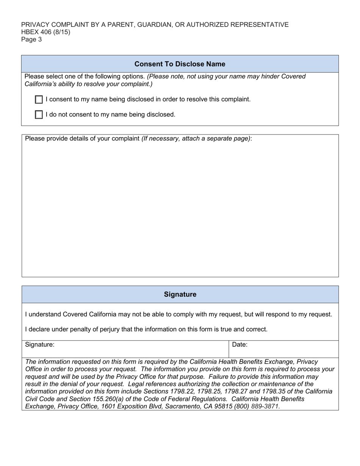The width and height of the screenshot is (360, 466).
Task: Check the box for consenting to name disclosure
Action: pyautogui.click(x=39, y=100)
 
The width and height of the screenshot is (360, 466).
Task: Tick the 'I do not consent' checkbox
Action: pyautogui.click(x=39, y=115)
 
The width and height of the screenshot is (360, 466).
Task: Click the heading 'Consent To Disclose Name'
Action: pyautogui.click(x=180, y=64)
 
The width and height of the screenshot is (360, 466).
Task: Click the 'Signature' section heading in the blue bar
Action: pyautogui.click(x=180, y=294)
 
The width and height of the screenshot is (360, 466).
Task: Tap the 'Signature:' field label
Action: pyautogui.click(x=40, y=345)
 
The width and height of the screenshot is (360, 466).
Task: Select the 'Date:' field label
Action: pyautogui.click(x=239, y=345)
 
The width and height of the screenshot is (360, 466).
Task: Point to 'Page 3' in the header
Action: pyautogui.click(x=31, y=39)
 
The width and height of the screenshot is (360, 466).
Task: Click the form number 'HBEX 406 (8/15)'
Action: pyautogui.click(x=45, y=32)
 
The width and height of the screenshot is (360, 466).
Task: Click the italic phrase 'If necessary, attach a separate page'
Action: pyautogui.click(x=196, y=139)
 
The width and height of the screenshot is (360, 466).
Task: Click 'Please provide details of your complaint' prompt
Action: pyautogui.click(x=82, y=139)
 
